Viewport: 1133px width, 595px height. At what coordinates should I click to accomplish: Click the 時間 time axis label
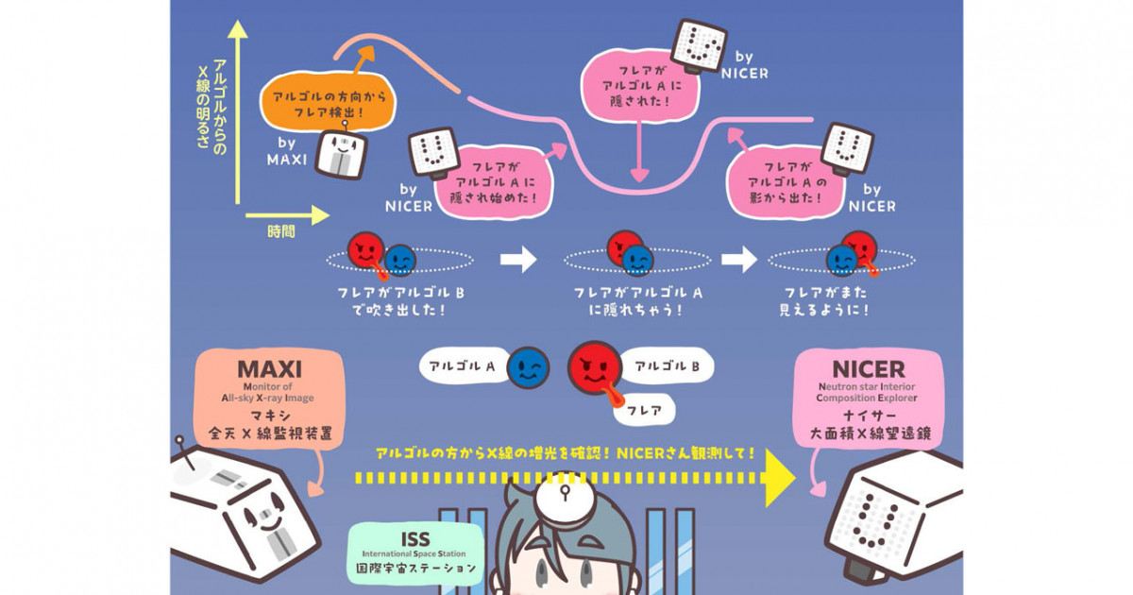click(280, 231)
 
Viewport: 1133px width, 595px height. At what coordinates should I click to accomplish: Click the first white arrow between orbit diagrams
click(517, 258)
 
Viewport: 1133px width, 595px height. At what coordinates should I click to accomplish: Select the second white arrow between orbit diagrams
click(739, 258)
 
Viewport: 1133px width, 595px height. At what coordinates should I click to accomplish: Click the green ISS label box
click(415, 552)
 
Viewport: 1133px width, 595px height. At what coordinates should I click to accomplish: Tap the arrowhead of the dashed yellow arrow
click(780, 478)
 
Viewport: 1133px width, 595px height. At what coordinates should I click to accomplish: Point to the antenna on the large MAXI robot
click(182, 450)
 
